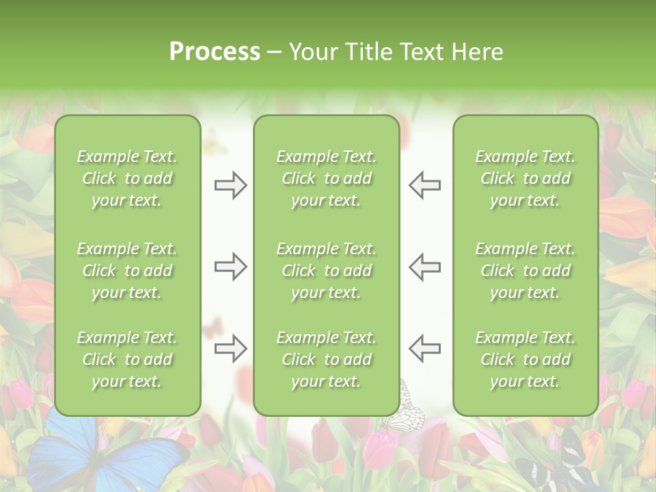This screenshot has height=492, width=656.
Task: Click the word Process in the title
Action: [x=215, y=52]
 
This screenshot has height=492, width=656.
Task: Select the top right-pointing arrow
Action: [x=230, y=185]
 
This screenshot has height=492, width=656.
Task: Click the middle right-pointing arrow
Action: [x=230, y=266]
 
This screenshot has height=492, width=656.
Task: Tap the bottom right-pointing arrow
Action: [x=230, y=348]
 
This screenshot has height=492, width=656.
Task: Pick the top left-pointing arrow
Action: [x=424, y=185]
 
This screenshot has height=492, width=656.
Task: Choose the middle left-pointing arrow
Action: [x=424, y=266]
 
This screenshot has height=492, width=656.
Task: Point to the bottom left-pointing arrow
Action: [x=424, y=348]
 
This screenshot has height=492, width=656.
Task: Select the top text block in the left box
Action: [x=127, y=178]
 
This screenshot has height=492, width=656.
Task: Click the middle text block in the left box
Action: [x=127, y=271]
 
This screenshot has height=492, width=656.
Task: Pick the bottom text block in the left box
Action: [x=127, y=359]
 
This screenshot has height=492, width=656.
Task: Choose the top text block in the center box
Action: [x=326, y=178]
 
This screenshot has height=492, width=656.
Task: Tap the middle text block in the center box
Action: [x=326, y=271]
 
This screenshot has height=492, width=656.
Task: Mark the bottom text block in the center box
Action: [x=326, y=359]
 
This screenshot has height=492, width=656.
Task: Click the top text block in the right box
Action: [x=525, y=178]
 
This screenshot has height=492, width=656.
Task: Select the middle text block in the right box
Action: [x=525, y=271]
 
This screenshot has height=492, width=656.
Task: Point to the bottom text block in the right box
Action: [x=525, y=359]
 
